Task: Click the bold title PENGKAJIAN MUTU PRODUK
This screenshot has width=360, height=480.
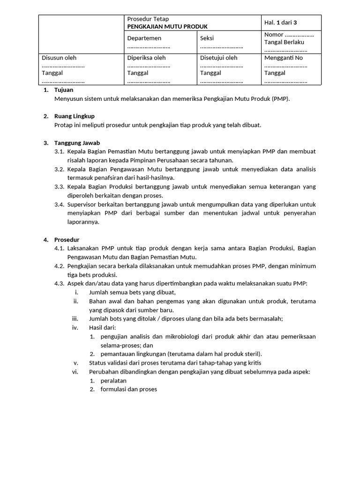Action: [x=167, y=27]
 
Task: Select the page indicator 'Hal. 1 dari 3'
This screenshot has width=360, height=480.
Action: [x=281, y=22]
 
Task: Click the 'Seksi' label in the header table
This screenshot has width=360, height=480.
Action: [x=207, y=38]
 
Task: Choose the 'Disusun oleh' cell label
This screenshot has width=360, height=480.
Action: [x=59, y=58]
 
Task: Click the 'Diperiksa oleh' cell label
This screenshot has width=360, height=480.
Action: [x=147, y=58]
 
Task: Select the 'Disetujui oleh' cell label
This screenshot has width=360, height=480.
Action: [x=218, y=58]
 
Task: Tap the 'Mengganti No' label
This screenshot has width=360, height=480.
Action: [x=284, y=58]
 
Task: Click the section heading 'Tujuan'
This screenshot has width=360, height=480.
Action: [x=64, y=90]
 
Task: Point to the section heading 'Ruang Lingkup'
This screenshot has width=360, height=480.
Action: [x=75, y=116]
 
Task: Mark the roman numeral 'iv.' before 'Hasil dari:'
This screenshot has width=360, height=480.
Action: [x=75, y=328]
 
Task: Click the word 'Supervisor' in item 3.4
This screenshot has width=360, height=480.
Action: [x=82, y=204]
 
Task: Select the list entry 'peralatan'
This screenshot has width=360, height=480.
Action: [x=114, y=381]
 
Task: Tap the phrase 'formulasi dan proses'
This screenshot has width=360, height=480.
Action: [x=129, y=389]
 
